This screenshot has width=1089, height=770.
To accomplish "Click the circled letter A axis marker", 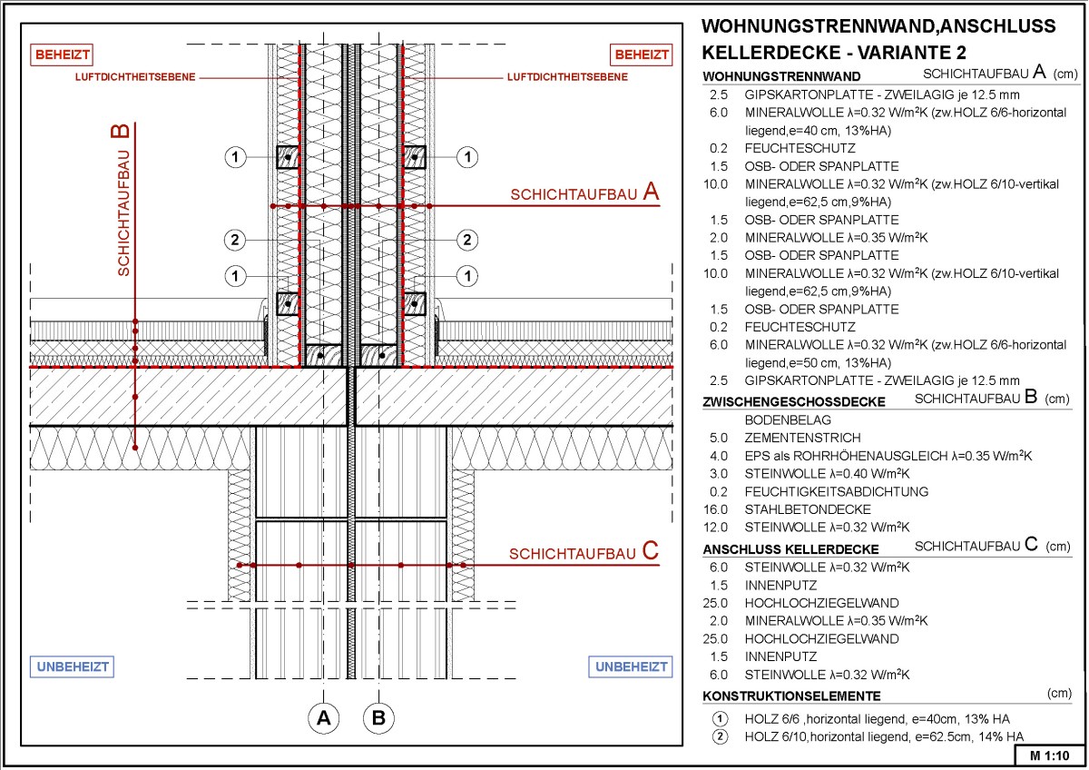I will [x=323, y=718].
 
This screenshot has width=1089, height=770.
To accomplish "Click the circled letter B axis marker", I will [x=379, y=718].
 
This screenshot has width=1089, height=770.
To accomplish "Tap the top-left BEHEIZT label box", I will [x=63, y=54].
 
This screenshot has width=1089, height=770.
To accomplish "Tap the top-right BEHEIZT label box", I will [x=642, y=54].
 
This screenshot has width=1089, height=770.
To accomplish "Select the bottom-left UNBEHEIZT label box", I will [x=74, y=667].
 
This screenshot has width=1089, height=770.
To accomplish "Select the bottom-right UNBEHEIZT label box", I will [x=632, y=667].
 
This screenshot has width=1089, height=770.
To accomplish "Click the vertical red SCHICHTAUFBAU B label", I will [x=121, y=200].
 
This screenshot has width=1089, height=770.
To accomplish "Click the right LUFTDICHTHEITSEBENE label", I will [x=567, y=78].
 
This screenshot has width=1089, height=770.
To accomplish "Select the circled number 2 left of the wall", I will [x=234, y=240].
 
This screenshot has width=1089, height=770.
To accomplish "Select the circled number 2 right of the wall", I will [x=466, y=240].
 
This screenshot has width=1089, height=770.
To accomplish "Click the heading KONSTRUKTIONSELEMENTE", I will [x=791, y=696].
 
